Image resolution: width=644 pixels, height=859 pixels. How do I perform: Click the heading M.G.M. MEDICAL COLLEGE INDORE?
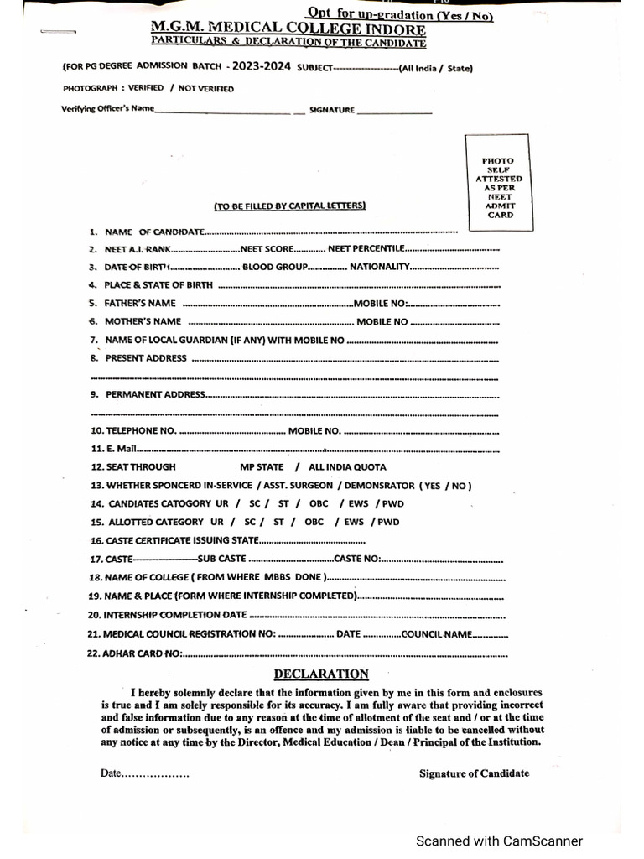pos(289,30)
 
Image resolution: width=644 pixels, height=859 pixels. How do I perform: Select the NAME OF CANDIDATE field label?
pos(154,231)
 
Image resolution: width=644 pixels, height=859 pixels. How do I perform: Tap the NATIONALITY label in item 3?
pos(379,267)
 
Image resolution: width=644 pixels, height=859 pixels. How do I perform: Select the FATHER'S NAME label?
pos(140,303)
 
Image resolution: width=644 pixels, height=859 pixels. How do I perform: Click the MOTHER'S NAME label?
pos(143,321)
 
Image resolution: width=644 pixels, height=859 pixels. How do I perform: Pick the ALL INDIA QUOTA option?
pos(347,467)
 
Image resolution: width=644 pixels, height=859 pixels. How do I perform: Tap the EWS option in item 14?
pos(352,503)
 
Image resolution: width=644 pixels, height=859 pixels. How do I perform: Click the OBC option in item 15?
pos(314,522)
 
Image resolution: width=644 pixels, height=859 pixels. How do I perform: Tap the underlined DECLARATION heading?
pos(321,674)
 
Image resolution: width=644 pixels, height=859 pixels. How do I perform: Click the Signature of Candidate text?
pos(474,773)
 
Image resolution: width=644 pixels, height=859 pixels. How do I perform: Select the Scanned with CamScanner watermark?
pos(500,841)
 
